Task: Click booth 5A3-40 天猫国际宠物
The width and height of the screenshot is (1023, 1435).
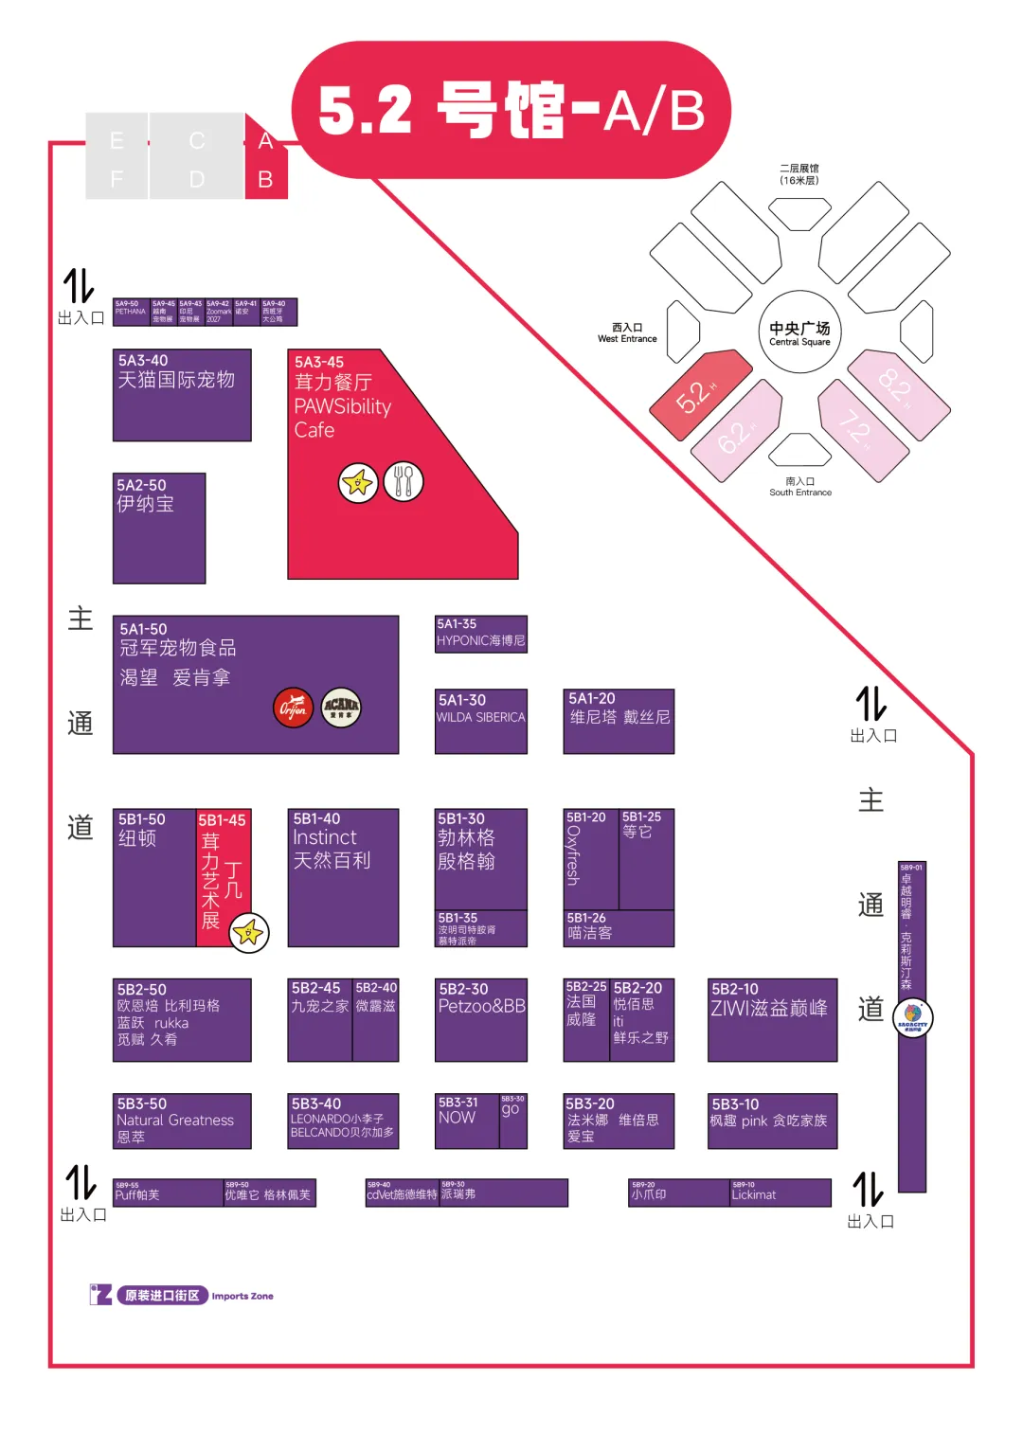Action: tap(182, 395)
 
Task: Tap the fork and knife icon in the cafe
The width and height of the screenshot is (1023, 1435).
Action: tap(404, 482)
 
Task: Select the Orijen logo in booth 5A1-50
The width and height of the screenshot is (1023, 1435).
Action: tap(294, 708)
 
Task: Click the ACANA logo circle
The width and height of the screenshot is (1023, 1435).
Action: tap(341, 707)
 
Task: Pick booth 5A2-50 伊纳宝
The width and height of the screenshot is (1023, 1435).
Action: tap(159, 528)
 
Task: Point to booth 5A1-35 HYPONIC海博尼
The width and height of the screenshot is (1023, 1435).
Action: tap(480, 634)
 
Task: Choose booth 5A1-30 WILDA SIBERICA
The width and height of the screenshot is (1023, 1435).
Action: tap(480, 721)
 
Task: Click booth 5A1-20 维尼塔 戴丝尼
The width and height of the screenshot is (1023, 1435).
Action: tap(619, 721)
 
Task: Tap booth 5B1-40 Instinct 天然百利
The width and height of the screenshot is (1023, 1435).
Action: tap(343, 877)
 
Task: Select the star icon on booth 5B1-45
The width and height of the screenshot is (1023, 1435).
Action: tap(249, 933)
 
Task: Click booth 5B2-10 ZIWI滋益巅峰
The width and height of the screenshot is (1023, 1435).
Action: tap(772, 1020)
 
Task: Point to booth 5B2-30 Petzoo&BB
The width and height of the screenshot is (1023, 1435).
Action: tap(480, 1020)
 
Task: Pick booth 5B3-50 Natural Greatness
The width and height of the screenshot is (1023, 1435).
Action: tap(182, 1121)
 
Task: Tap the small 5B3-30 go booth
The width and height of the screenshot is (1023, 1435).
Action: tap(512, 1121)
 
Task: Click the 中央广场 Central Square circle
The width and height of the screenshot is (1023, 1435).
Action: tap(800, 332)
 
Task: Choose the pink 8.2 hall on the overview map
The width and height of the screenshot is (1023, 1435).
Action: tap(897, 390)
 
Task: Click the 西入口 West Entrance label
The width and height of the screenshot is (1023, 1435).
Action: tap(627, 332)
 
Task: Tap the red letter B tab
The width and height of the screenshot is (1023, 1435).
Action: tap(265, 179)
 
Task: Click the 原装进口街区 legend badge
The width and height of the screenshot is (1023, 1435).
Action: tap(162, 1295)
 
